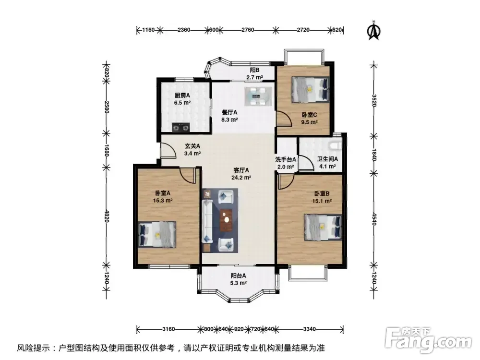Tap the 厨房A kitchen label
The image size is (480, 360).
click(182, 95)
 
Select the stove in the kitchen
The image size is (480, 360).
click(180, 127)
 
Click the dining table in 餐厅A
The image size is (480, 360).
click(258, 96)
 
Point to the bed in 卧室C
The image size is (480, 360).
click(311, 89)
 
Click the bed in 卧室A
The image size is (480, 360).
click(157, 235)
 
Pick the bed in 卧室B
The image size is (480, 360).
click(323, 227)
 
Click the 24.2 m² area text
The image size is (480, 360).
click(241, 178)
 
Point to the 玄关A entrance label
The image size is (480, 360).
click(192, 146)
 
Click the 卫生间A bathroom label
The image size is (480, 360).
click(327, 159)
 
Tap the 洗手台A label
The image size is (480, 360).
click(286, 159)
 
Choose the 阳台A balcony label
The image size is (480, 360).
click(239, 276)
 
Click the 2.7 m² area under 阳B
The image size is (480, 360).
click(255, 77)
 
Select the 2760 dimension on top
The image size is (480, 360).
click(248, 30)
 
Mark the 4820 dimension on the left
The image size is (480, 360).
click(107, 216)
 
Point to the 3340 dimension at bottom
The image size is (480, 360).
click(309, 329)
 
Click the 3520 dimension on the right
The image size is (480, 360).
click(374, 100)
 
